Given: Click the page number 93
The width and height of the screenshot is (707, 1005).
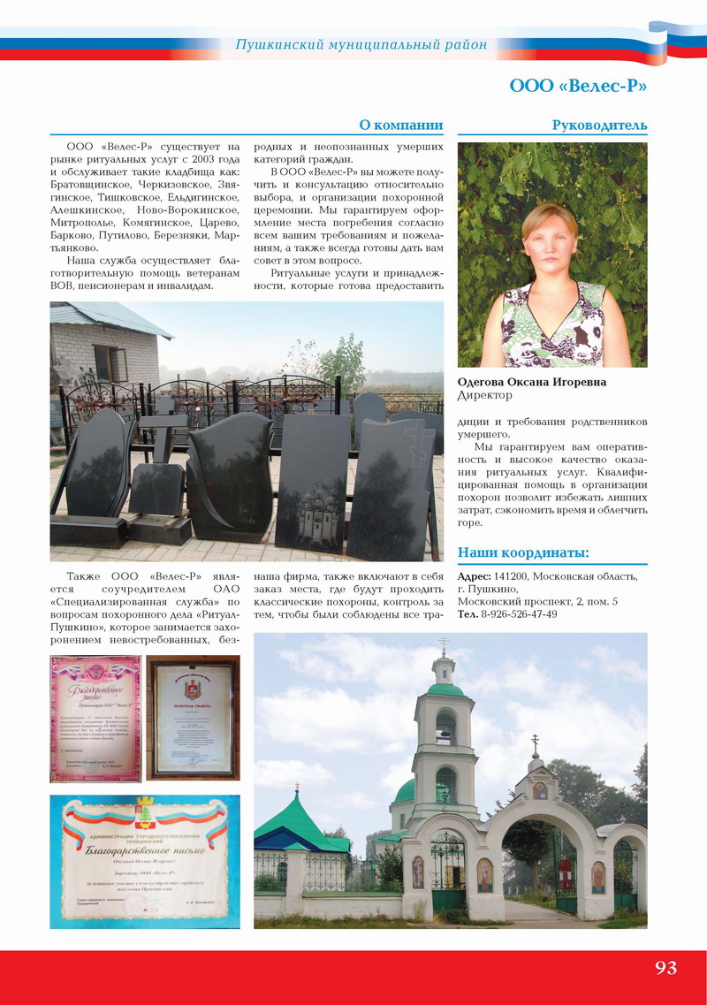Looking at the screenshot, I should pos(665,967).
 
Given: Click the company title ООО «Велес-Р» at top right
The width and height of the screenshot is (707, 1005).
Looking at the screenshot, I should pos(578,86).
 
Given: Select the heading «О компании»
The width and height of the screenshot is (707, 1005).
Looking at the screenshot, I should pos(400,125).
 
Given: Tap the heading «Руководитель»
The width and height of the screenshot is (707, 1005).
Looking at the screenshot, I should pos(599,125).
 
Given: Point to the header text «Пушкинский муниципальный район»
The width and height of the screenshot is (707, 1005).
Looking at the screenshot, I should pos(361,44).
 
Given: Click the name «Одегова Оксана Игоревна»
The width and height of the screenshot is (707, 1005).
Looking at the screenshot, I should pos(532,382).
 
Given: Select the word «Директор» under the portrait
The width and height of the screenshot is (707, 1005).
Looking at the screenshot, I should pos(485,395).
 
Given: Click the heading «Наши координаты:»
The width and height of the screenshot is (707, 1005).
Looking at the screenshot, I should pos(523,553).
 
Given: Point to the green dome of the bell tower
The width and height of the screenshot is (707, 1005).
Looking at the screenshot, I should pos(445,689).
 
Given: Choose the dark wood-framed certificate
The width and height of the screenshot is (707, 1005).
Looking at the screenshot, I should pos(193,718).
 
